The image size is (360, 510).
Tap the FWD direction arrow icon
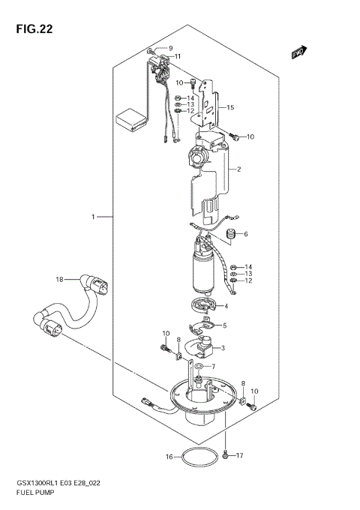301,51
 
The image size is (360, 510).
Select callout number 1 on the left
94,217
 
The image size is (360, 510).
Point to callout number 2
238,169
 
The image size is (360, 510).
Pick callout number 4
225,305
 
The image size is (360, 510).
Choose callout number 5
224,325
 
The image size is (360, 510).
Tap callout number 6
244,234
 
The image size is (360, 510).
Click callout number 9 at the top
169,48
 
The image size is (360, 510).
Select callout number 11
177,56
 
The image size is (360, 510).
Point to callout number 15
231,108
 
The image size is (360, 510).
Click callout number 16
169,456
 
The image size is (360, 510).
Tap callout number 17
240,456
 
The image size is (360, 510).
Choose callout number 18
58,280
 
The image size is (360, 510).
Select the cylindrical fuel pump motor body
204,270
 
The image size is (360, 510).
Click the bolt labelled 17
225,454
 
